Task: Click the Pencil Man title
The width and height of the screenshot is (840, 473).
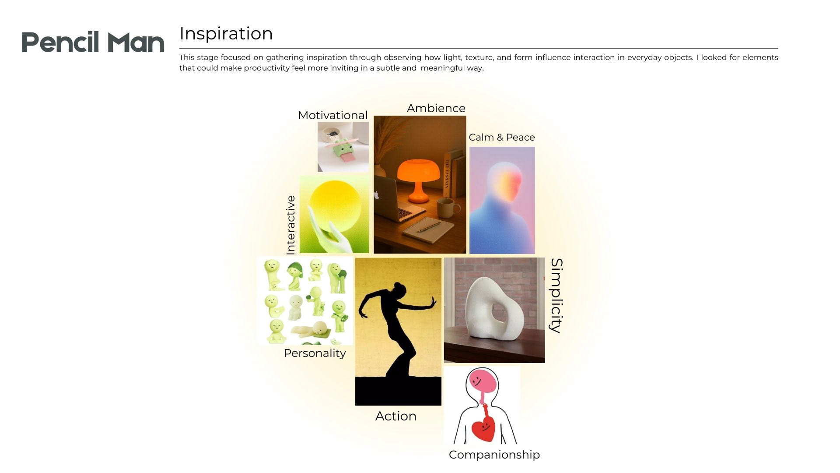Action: point(93,42)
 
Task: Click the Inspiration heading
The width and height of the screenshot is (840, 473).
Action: point(226,34)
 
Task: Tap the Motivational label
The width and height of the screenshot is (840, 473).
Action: point(332,115)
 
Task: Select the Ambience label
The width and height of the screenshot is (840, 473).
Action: point(436,108)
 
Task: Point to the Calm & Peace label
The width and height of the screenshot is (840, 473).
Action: point(502,137)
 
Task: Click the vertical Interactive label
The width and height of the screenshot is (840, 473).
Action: point(291,225)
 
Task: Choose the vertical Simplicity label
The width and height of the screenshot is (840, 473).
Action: point(556,296)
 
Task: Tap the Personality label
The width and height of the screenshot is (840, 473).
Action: point(315,353)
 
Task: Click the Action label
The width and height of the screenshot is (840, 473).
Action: point(396,416)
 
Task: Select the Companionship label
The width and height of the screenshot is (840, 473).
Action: point(494,455)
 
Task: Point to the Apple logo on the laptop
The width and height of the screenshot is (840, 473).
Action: point(376,195)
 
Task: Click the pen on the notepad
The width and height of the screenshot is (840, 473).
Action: point(429,226)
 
